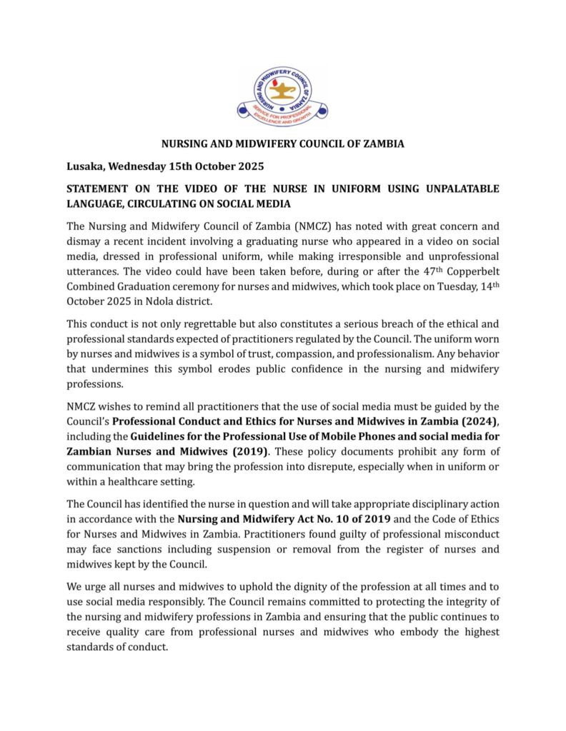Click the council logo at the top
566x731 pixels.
coord(282,96)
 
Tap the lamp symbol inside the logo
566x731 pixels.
coord(282,91)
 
